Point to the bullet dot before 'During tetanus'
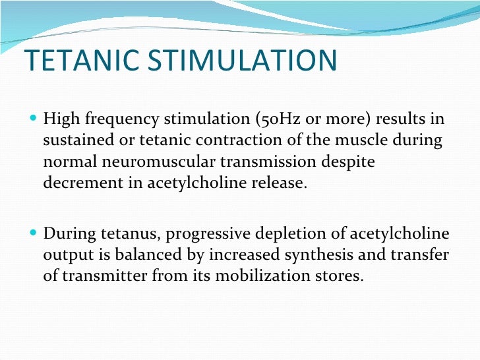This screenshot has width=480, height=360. click(34, 233)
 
